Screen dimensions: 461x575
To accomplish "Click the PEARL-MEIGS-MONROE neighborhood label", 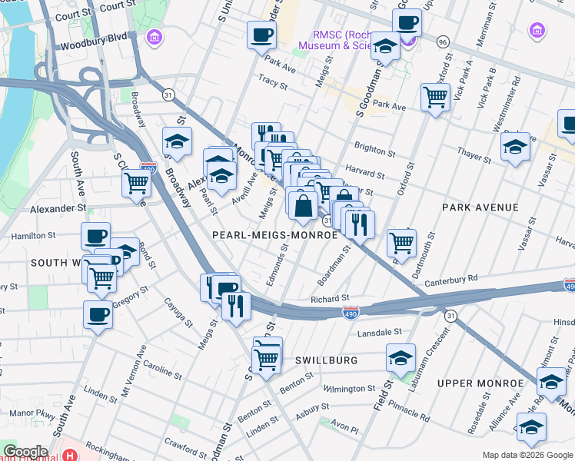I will click(x=275, y=235).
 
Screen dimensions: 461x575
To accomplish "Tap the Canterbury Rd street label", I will click(x=451, y=279).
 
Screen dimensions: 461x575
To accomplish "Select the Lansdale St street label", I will click(x=377, y=332).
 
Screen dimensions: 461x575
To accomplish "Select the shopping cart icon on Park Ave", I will click(x=435, y=97).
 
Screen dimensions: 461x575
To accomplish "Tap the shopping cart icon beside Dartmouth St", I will click(x=401, y=243).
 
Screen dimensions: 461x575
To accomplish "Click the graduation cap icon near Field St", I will click(x=401, y=357).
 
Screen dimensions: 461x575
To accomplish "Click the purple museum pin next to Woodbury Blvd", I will click(x=156, y=37).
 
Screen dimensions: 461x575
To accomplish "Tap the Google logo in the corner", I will click(x=25, y=452).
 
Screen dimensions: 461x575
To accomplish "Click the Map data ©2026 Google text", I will click(x=527, y=455).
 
